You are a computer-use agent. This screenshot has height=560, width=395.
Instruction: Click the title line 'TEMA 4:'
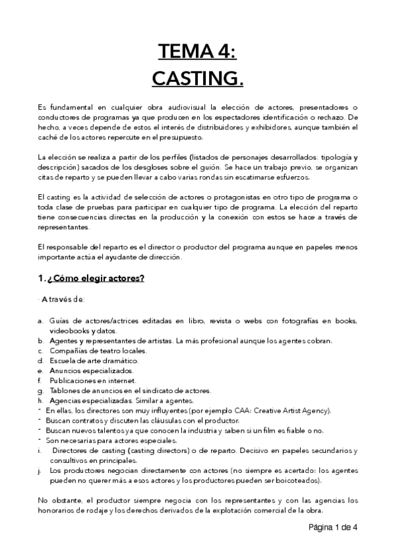(197, 51)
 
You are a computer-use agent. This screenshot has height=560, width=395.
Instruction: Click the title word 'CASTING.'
(197, 79)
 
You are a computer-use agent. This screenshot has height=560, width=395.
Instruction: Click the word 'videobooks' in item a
(69, 330)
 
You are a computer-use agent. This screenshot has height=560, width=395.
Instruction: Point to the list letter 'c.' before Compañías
(40, 351)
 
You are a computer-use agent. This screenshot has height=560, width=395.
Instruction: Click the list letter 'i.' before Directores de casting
(40, 450)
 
